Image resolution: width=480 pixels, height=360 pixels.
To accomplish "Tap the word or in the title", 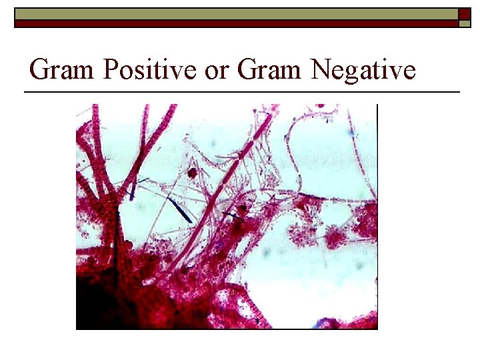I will point(217,69).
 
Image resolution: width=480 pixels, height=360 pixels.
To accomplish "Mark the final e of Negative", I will point(409,71).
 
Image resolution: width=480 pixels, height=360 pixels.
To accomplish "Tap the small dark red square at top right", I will point(464,13).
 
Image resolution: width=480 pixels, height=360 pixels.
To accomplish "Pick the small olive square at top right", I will point(464,23).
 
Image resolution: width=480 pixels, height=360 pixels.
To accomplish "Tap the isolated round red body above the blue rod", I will point(193,173).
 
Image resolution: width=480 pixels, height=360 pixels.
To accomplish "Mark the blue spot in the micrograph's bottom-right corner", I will point(327,323).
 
